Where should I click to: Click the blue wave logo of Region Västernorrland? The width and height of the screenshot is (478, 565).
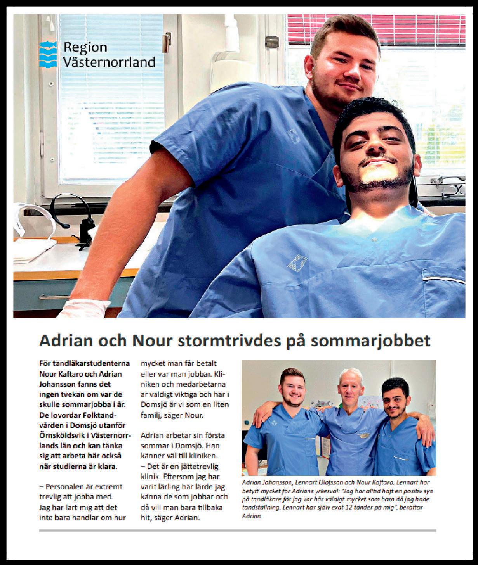point(48,54)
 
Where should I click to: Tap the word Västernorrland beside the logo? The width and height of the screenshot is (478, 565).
point(109,62)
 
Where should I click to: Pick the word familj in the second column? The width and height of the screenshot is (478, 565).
point(154,415)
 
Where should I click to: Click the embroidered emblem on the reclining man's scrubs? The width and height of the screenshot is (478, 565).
point(297,264)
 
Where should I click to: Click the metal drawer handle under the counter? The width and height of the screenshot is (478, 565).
point(54,297)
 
